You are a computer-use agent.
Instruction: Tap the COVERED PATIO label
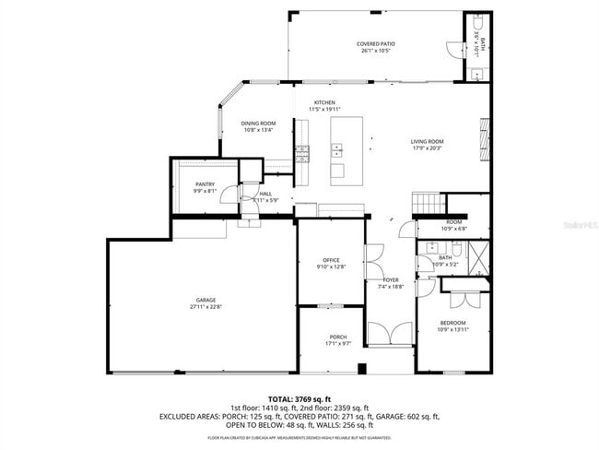(375, 43)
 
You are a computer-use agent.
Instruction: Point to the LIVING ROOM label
(427, 141)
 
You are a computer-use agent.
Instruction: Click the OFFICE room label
(332, 260)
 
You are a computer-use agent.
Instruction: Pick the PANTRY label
(205, 184)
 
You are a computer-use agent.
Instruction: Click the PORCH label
(338, 337)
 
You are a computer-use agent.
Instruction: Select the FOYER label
(391, 279)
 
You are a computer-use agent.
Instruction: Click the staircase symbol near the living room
(426, 203)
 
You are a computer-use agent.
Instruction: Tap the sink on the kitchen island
(338, 148)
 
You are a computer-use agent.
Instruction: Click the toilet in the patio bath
(479, 23)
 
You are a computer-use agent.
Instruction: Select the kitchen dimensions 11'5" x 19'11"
(323, 110)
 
